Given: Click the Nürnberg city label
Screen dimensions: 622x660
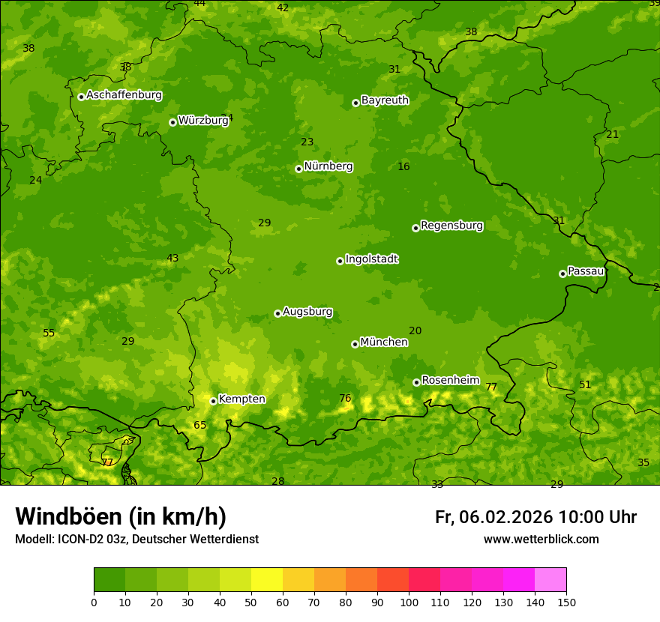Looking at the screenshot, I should tap(328, 166).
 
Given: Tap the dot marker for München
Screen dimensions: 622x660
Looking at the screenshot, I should tap(355, 344).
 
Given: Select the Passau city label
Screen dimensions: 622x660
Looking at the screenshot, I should tap(585, 271).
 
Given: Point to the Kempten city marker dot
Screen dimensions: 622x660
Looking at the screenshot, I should tap(213, 401).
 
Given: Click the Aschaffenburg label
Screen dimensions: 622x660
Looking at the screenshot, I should tap(124, 95).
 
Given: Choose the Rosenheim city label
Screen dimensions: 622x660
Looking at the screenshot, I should tap(450, 381).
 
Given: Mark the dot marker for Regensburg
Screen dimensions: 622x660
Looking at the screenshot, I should tap(415, 228).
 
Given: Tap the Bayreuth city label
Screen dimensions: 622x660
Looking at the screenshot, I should tap(385, 100).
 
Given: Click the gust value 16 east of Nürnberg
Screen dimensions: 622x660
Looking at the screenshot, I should tap(403, 166).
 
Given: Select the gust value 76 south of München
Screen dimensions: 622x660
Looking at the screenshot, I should tap(345, 398).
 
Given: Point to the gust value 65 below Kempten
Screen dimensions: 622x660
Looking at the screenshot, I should tap(199, 425).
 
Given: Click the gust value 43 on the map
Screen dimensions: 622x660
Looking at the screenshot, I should tap(172, 258).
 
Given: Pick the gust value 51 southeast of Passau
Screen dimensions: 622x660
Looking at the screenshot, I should tap(585, 384).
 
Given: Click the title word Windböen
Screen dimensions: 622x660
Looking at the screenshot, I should tap(68, 516).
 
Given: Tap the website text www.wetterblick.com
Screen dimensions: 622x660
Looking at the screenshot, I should tap(541, 540).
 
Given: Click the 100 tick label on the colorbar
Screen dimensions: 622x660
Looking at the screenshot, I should tap(409, 602).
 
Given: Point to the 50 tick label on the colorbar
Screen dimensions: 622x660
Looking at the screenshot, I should tap(251, 602).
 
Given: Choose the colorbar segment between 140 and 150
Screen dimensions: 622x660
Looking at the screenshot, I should tap(550, 580).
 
